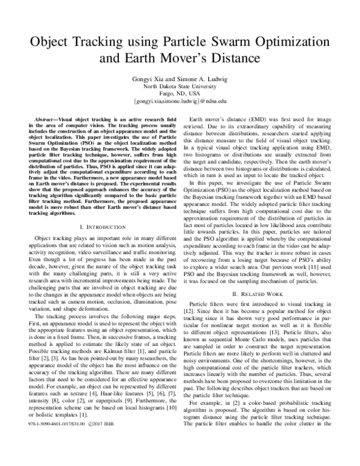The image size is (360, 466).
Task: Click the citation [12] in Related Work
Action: click(196, 313)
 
